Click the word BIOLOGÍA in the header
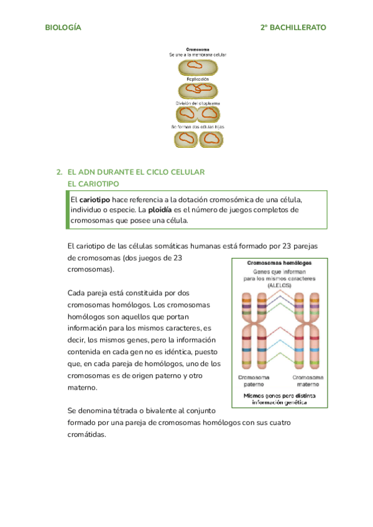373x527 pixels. [x=63, y=28]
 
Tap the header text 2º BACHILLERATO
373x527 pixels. [x=293, y=28]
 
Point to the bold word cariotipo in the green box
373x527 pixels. [x=95, y=199]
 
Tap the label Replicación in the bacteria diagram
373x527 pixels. [x=197, y=79]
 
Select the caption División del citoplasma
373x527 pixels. [x=197, y=103]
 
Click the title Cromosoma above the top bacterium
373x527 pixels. [x=197, y=48]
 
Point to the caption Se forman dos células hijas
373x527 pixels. [x=197, y=127]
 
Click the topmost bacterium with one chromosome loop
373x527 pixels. [x=198, y=66]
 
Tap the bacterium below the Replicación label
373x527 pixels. [x=198, y=90]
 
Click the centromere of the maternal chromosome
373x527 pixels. [x=309, y=326]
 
